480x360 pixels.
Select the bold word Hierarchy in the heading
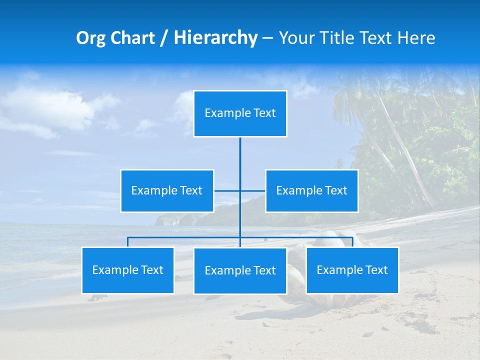(215, 38)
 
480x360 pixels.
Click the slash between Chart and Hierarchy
(164, 38)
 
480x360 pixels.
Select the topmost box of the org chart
(240, 113)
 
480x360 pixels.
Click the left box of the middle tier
(167, 191)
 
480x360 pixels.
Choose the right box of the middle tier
(311, 191)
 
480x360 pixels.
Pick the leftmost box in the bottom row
(128, 270)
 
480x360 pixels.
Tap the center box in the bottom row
(240, 271)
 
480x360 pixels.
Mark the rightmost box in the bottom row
(352, 270)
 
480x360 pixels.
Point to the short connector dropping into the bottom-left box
(128, 242)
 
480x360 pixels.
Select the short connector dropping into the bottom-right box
(352, 242)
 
